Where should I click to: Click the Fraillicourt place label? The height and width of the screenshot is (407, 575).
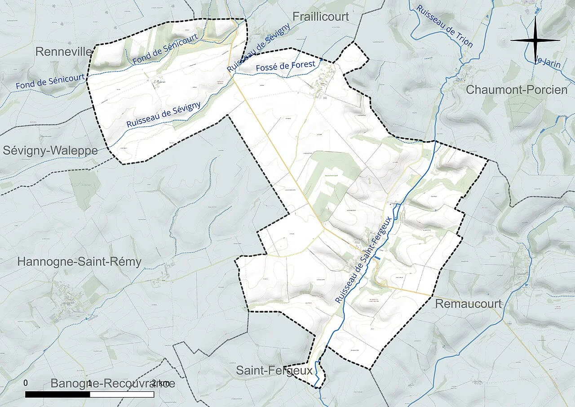point(320,17)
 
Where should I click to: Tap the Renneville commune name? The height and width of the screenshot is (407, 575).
point(63,52)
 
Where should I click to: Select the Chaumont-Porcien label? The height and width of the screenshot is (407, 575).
point(516,89)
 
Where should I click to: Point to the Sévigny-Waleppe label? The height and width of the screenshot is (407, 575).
point(50,151)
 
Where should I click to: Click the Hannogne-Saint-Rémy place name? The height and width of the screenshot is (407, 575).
point(79,262)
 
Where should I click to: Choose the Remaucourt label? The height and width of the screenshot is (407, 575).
point(469,304)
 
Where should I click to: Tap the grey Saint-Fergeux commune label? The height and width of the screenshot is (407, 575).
point(274,371)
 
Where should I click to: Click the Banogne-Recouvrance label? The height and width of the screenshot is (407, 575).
point(112,384)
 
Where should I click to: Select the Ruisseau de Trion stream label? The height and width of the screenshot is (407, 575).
point(444,26)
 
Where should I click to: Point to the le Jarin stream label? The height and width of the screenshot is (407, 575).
point(548,61)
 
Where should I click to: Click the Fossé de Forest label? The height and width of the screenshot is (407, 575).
point(286,67)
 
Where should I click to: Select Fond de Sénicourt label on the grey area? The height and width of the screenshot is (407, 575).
point(50,81)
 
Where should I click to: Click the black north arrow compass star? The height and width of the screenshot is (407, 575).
point(535,40)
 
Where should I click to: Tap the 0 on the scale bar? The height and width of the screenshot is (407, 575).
point(26,383)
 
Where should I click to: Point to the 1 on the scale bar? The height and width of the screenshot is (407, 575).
point(90,383)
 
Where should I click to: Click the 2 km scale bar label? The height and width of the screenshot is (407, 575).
point(160,383)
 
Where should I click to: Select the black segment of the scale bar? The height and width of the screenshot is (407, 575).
point(57,394)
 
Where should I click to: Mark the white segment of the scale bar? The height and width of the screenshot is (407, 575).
point(122,394)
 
